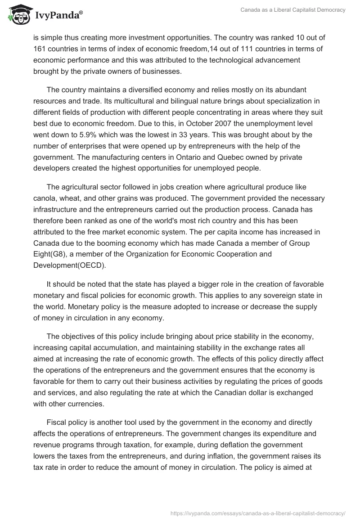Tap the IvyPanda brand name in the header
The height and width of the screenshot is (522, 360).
(58, 15)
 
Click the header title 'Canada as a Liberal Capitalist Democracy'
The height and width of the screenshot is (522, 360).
(292, 10)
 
